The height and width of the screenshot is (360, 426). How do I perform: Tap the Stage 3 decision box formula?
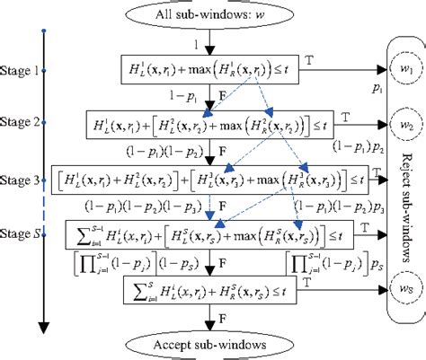pos(208,179)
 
